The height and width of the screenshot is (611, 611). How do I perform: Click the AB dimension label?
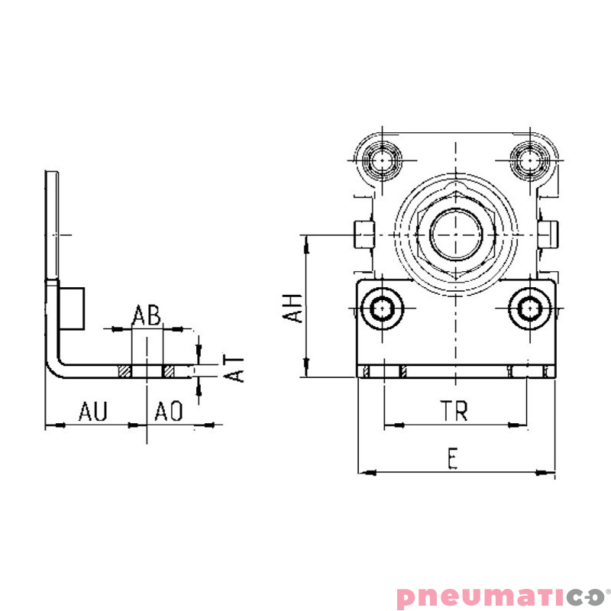click(x=147, y=315)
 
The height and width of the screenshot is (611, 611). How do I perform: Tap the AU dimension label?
click(x=93, y=412)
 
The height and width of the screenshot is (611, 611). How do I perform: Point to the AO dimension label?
click(x=169, y=412)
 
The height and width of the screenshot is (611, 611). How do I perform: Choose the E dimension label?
click(x=453, y=459)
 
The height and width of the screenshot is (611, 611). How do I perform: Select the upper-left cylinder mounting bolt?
click(x=380, y=160)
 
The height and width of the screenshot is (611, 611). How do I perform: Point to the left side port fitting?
click(x=364, y=233)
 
